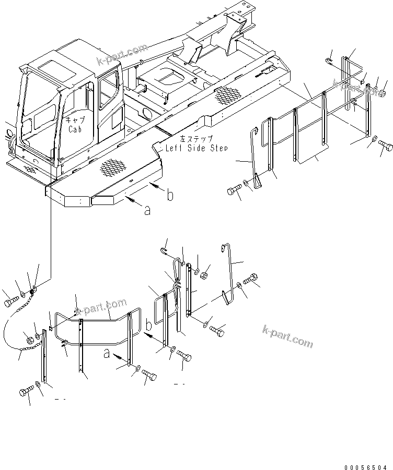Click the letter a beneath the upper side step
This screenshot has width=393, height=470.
pyautogui.click(x=147, y=211)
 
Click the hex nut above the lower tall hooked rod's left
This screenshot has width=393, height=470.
pyautogui.click(x=205, y=274)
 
